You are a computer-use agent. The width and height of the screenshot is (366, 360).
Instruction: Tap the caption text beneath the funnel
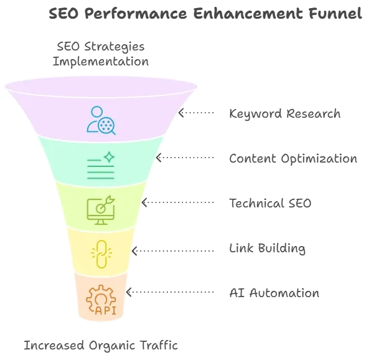pos(100,343)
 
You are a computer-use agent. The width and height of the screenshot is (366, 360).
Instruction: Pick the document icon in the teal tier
pos(100,165)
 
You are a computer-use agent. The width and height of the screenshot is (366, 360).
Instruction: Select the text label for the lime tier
pos(271,202)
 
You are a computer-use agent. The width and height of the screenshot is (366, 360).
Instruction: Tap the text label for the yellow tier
pos(270,249)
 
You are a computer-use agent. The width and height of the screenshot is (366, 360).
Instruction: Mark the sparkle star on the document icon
pos(109,156)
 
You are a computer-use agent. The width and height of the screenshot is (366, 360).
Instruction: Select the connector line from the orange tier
pos(156,292)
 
